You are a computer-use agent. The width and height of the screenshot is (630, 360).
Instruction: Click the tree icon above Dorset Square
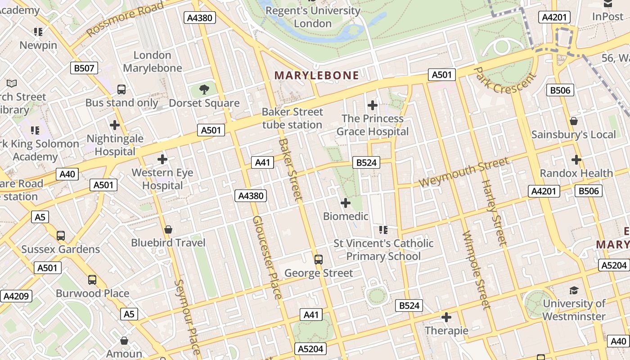204,89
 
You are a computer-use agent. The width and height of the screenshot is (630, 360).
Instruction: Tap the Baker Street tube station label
292,118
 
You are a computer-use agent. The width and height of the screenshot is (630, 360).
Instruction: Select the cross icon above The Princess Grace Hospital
373,105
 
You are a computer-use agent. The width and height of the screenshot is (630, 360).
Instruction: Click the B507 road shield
84,68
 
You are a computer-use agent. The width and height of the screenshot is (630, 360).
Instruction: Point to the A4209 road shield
17,296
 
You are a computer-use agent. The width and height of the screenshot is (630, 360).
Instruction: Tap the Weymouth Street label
464,172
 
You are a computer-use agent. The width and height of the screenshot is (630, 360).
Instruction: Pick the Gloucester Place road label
267,257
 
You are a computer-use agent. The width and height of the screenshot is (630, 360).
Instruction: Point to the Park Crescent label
506,81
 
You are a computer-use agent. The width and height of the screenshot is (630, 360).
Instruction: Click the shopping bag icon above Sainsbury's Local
574,121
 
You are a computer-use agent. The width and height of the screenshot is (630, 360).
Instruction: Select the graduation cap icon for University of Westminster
574,290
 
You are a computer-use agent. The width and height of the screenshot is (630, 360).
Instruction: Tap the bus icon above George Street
319,259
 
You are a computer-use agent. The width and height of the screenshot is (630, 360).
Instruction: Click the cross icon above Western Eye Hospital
162,159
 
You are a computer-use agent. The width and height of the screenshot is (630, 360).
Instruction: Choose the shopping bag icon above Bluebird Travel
168,229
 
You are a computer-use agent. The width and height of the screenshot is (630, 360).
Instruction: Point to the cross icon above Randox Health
576,160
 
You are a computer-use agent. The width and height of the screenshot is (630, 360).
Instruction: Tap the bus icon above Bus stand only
121,89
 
